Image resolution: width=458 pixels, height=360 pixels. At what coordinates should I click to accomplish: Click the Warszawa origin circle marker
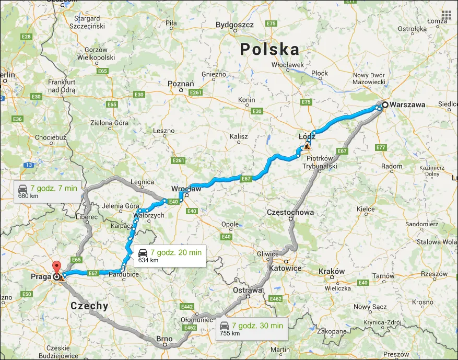(x=385, y=104)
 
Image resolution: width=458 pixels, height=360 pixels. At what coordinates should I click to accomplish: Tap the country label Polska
(x=269, y=50)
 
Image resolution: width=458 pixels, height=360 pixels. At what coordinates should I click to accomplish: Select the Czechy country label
(x=89, y=306)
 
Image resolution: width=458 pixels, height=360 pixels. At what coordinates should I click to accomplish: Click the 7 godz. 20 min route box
(x=170, y=256)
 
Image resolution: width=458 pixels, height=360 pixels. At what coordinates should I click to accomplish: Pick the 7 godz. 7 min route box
(x=48, y=192)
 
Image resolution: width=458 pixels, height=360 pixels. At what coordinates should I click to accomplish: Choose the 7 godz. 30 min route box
(x=251, y=329)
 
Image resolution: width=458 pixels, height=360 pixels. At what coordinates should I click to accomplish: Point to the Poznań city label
(x=181, y=84)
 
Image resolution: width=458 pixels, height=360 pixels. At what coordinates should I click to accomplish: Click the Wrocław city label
(x=186, y=188)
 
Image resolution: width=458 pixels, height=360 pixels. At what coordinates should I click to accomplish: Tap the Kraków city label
(x=332, y=271)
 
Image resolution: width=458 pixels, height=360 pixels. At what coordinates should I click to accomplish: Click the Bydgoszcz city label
(x=234, y=25)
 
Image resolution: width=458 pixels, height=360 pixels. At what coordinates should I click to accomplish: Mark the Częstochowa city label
(x=290, y=213)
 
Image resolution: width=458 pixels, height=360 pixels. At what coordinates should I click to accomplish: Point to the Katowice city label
(x=285, y=268)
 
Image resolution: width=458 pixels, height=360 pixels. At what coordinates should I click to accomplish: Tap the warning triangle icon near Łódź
(x=307, y=147)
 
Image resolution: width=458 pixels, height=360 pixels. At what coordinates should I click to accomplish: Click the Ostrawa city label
(x=248, y=290)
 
